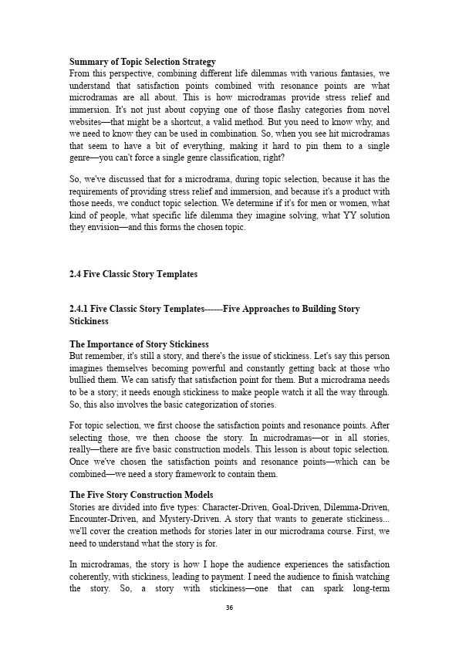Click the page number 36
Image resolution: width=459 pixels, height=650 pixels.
click(229, 608)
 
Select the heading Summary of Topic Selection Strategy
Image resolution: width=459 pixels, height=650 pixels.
click(143, 61)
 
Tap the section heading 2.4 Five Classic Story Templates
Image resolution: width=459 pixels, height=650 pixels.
click(133, 274)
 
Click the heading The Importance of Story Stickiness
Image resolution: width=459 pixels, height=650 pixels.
click(139, 344)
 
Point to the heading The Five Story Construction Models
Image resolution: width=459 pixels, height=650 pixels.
click(142, 495)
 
